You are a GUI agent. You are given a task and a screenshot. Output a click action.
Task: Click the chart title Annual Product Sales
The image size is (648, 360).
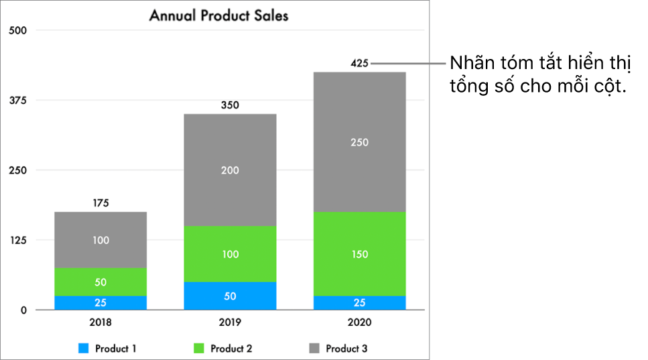tap(218, 15)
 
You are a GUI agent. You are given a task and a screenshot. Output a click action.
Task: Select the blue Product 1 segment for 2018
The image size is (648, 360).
tap(101, 302)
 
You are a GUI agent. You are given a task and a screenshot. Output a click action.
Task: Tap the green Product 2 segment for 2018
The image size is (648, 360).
tap(101, 282)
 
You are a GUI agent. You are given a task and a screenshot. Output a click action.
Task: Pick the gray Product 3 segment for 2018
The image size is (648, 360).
tap(101, 240)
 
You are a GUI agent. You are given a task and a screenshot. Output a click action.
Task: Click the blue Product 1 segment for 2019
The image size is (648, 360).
tap(230, 296)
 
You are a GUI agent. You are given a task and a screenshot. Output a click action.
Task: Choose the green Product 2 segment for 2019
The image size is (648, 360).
tap(230, 254)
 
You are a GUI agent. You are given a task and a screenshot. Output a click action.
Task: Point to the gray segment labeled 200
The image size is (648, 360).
tap(230, 170)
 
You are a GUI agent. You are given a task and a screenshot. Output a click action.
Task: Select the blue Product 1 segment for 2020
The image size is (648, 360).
tap(359, 302)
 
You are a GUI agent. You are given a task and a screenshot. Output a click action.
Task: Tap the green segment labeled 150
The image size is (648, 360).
tap(359, 254)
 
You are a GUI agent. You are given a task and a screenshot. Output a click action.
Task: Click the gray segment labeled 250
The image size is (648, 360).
tap(359, 142)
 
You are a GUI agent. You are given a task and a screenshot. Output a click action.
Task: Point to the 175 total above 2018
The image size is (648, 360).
tap(101, 202)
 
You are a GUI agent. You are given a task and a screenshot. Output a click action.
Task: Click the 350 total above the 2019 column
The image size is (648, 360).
tap(230, 105)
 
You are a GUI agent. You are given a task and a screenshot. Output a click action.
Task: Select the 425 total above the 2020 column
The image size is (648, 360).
tap(359, 64)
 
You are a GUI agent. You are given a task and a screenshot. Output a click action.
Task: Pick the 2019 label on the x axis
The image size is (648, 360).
tap(230, 322)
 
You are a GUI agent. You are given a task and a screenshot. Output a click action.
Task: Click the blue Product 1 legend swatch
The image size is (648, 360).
tap(84, 349)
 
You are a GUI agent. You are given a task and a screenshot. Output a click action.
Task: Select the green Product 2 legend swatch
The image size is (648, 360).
tap(199, 349)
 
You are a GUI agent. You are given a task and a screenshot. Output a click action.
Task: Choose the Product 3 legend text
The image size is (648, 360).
tap(346, 349)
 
